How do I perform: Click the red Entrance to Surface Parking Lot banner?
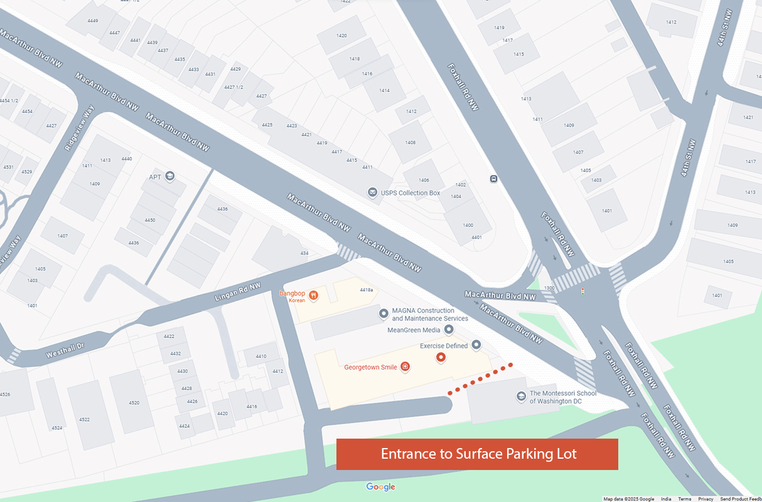477,454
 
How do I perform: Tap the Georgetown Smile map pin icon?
405,367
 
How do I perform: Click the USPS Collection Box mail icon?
373,192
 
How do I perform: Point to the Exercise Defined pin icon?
476,344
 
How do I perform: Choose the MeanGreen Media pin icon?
449,329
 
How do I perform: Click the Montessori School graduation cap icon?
521,396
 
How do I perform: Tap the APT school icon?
169,176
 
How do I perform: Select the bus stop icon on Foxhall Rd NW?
494,179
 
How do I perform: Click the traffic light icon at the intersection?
583,291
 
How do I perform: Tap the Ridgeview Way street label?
78,128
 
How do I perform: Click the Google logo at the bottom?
380,487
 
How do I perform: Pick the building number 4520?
134,402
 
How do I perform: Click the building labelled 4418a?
367,290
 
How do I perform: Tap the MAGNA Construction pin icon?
384,314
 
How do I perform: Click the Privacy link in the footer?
706,499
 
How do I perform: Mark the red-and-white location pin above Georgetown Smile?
441,358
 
